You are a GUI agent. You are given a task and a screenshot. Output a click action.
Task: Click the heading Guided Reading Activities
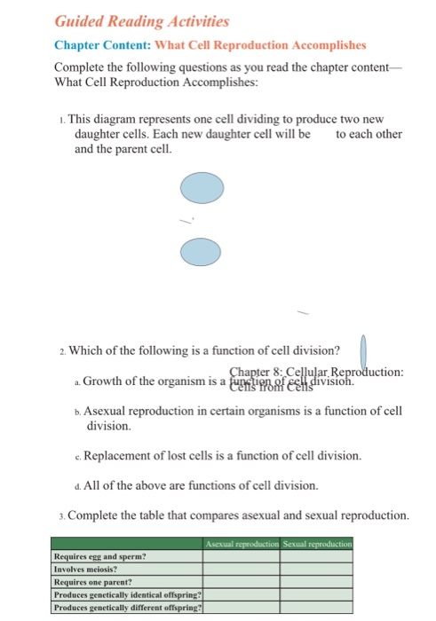click(x=130, y=20)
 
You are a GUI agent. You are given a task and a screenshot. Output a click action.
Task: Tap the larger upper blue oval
click(x=202, y=190)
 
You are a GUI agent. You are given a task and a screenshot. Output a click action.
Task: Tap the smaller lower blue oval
click(x=201, y=251)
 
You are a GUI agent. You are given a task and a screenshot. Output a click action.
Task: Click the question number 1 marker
click(x=58, y=119)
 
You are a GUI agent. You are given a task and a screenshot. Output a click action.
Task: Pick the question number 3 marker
click(x=58, y=515)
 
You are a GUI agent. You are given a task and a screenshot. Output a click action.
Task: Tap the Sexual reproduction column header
click(x=316, y=543)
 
